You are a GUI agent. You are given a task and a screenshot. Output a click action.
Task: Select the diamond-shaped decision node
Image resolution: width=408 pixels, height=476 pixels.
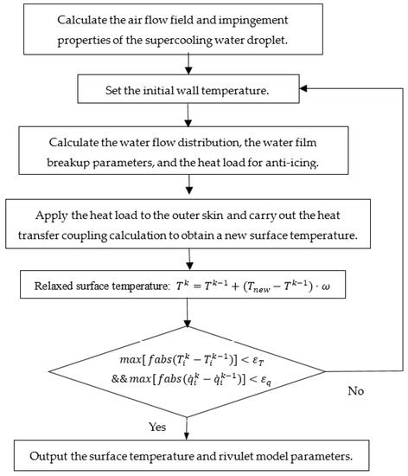tap(186, 363)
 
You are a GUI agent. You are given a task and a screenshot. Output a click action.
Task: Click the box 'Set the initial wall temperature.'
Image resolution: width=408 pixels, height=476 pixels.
tap(186, 87)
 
